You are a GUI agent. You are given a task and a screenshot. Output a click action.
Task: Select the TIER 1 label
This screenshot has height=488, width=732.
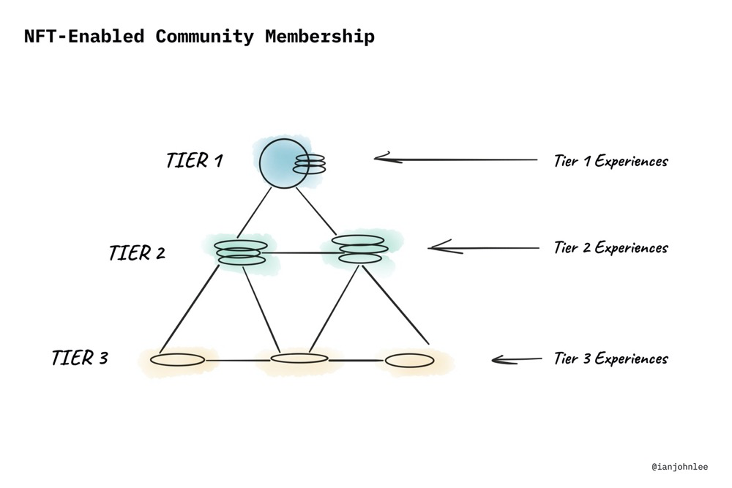tap(194, 160)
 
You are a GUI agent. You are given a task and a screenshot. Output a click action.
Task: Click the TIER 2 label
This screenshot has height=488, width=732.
tap(137, 253)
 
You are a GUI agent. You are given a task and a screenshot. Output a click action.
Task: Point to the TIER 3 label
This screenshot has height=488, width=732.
tap(80, 358)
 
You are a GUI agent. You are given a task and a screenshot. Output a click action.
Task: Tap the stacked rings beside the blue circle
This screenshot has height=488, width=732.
tap(309, 164)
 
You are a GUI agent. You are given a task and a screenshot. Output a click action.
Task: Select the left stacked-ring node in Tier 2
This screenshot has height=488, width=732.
tap(241, 252)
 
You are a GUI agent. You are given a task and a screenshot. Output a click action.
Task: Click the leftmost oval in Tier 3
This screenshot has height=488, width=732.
tap(178, 360)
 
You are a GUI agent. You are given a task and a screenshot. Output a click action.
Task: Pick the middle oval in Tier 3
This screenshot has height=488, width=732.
tap(299, 358)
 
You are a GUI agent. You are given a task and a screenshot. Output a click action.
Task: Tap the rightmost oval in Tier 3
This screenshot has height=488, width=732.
tap(409, 361)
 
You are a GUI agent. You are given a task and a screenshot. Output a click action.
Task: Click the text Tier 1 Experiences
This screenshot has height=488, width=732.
tap(610, 161)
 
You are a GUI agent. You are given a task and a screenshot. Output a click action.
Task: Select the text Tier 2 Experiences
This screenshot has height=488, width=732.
tap(610, 247)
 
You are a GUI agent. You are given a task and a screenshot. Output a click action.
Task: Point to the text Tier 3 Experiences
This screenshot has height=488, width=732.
tap(610, 359)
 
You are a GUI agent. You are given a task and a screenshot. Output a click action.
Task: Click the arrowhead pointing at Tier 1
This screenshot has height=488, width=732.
tap(382, 157)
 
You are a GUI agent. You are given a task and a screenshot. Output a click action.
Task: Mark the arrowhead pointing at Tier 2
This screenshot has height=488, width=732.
tap(436, 248)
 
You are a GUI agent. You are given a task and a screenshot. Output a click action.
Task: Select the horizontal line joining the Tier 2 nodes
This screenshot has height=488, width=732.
tap(300, 253)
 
